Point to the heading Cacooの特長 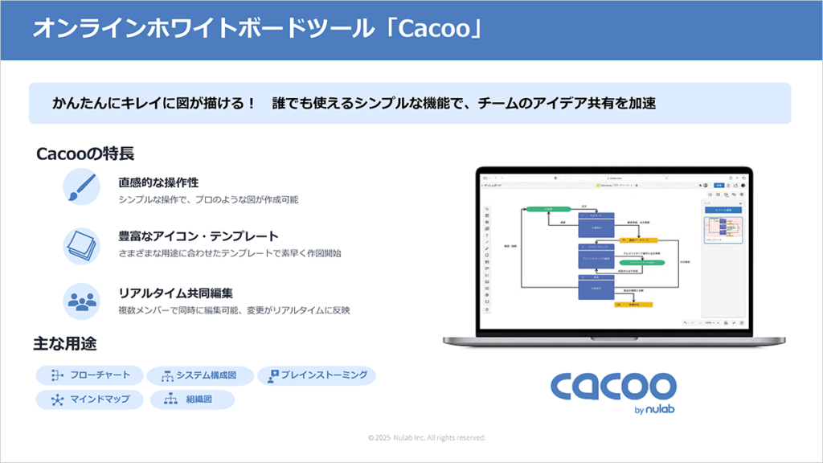coord(84,154)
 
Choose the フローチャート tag coord(89,375)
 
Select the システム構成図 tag coord(201,375)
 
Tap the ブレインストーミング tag coord(317,375)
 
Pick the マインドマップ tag coord(89,399)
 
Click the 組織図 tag coord(192,399)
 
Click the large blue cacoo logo coord(613,387)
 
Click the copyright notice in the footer coord(427,438)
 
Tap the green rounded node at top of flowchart coord(548,209)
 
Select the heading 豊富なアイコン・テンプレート coord(199,236)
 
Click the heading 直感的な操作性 coord(158,182)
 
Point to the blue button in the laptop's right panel coord(721,210)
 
